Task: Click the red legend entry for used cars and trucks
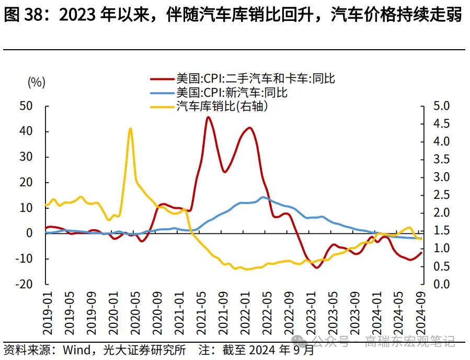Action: (255, 78)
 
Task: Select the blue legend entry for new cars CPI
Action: (232, 93)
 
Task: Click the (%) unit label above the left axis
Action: (37, 82)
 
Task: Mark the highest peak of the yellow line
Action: (130, 128)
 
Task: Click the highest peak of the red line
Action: (208, 117)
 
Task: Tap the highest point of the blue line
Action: (263, 197)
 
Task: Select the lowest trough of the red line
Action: (316, 267)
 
